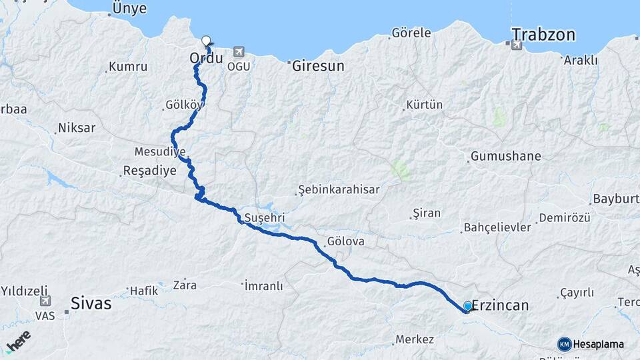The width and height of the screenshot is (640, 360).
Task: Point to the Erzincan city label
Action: click(x=500, y=305)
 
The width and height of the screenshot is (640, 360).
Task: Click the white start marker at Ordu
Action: click(x=206, y=40)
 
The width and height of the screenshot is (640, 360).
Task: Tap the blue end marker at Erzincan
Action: click(x=468, y=306)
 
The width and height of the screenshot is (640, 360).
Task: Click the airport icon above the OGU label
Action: click(x=239, y=52)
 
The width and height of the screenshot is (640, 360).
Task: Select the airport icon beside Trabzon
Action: click(x=516, y=45)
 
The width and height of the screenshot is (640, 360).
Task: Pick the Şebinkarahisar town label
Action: click(x=339, y=189)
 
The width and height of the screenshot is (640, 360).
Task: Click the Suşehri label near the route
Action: click(x=265, y=217)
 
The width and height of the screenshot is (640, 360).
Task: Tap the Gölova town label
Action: click(x=346, y=242)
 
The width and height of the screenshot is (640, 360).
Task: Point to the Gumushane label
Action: click(x=505, y=157)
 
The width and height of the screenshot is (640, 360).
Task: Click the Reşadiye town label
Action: click(x=150, y=171)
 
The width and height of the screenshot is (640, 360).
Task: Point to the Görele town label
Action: click(x=411, y=33)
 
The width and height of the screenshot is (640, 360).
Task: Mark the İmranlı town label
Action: click(x=263, y=286)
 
